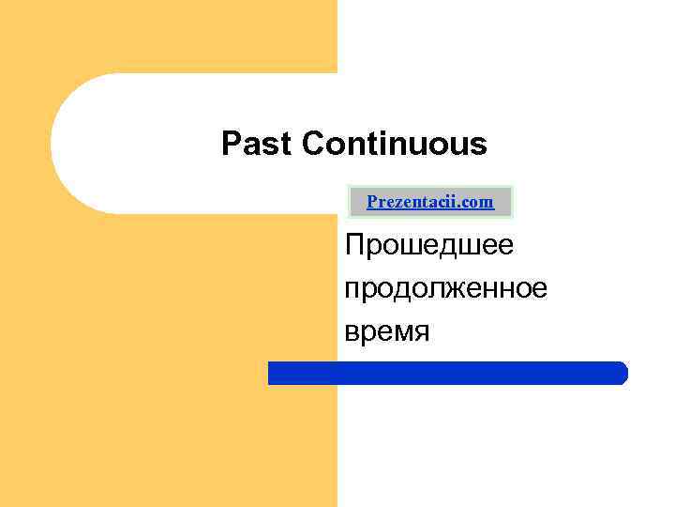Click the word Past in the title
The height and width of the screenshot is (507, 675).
point(258,144)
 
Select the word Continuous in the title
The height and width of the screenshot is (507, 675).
point(395,144)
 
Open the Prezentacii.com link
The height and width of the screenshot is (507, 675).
point(430,202)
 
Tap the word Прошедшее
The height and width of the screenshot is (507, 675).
point(429,246)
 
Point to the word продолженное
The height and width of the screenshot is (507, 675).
point(445,289)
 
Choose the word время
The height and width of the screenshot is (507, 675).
point(387,332)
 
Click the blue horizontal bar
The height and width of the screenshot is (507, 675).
point(447,373)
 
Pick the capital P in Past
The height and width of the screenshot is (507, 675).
point(231,144)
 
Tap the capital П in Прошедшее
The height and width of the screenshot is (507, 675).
point(354,246)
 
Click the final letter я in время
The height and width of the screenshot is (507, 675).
point(421,333)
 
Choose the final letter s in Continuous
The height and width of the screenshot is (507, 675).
point(480,145)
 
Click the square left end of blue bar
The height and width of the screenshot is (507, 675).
point(272,373)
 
